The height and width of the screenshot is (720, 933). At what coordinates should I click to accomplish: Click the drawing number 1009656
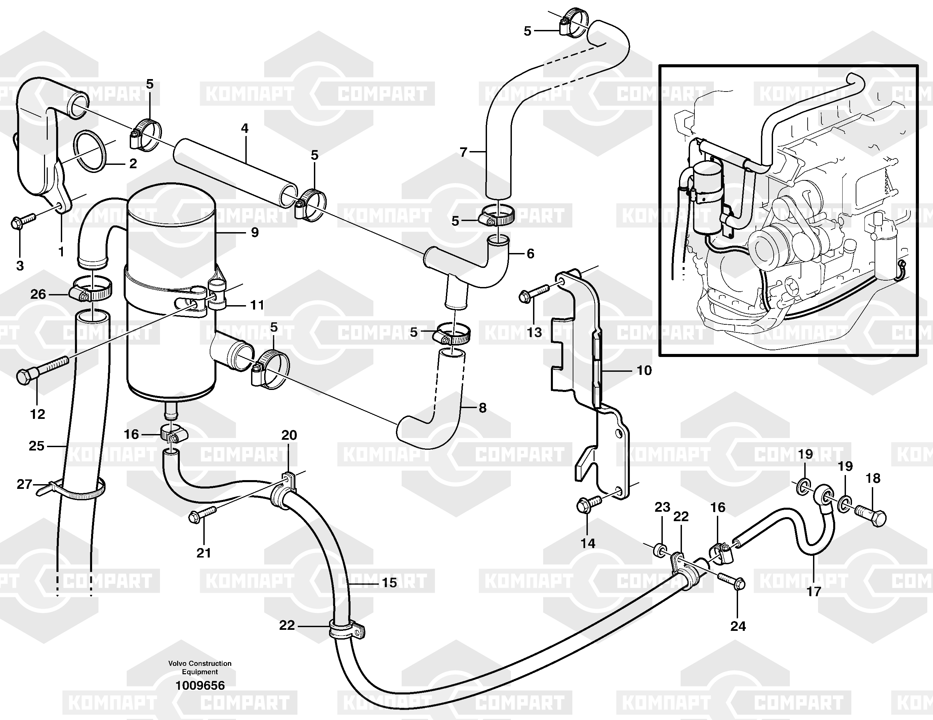[x=200, y=685]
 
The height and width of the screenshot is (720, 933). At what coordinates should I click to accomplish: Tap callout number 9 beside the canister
[x=255, y=232]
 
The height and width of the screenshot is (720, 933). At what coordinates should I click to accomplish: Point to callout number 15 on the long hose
[x=389, y=582]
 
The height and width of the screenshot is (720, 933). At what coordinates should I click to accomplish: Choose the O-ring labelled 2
[x=90, y=151]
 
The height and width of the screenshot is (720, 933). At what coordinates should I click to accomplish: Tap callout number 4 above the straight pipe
[x=244, y=128]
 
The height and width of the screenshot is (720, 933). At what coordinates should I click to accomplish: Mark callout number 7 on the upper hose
[x=463, y=152]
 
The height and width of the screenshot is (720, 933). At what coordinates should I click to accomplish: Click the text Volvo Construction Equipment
[x=200, y=668]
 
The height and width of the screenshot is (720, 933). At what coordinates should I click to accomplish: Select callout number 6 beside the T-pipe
[x=530, y=254]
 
